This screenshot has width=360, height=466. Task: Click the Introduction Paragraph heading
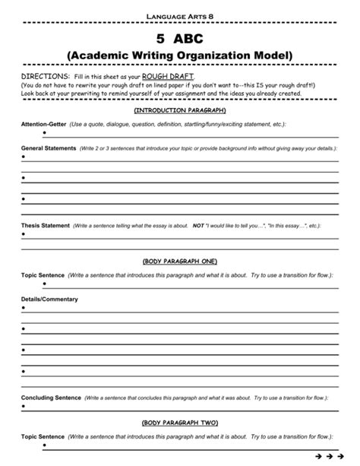(180, 110)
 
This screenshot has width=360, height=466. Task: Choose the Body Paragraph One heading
(180, 261)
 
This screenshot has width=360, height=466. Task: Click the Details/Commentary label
(50, 300)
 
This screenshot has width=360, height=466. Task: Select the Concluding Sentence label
(50, 398)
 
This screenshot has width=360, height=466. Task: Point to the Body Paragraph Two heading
(180, 422)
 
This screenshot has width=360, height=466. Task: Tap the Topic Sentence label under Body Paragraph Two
(43, 437)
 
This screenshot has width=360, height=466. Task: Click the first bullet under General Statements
(24, 157)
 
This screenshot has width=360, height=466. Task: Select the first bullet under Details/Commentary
(24, 309)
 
